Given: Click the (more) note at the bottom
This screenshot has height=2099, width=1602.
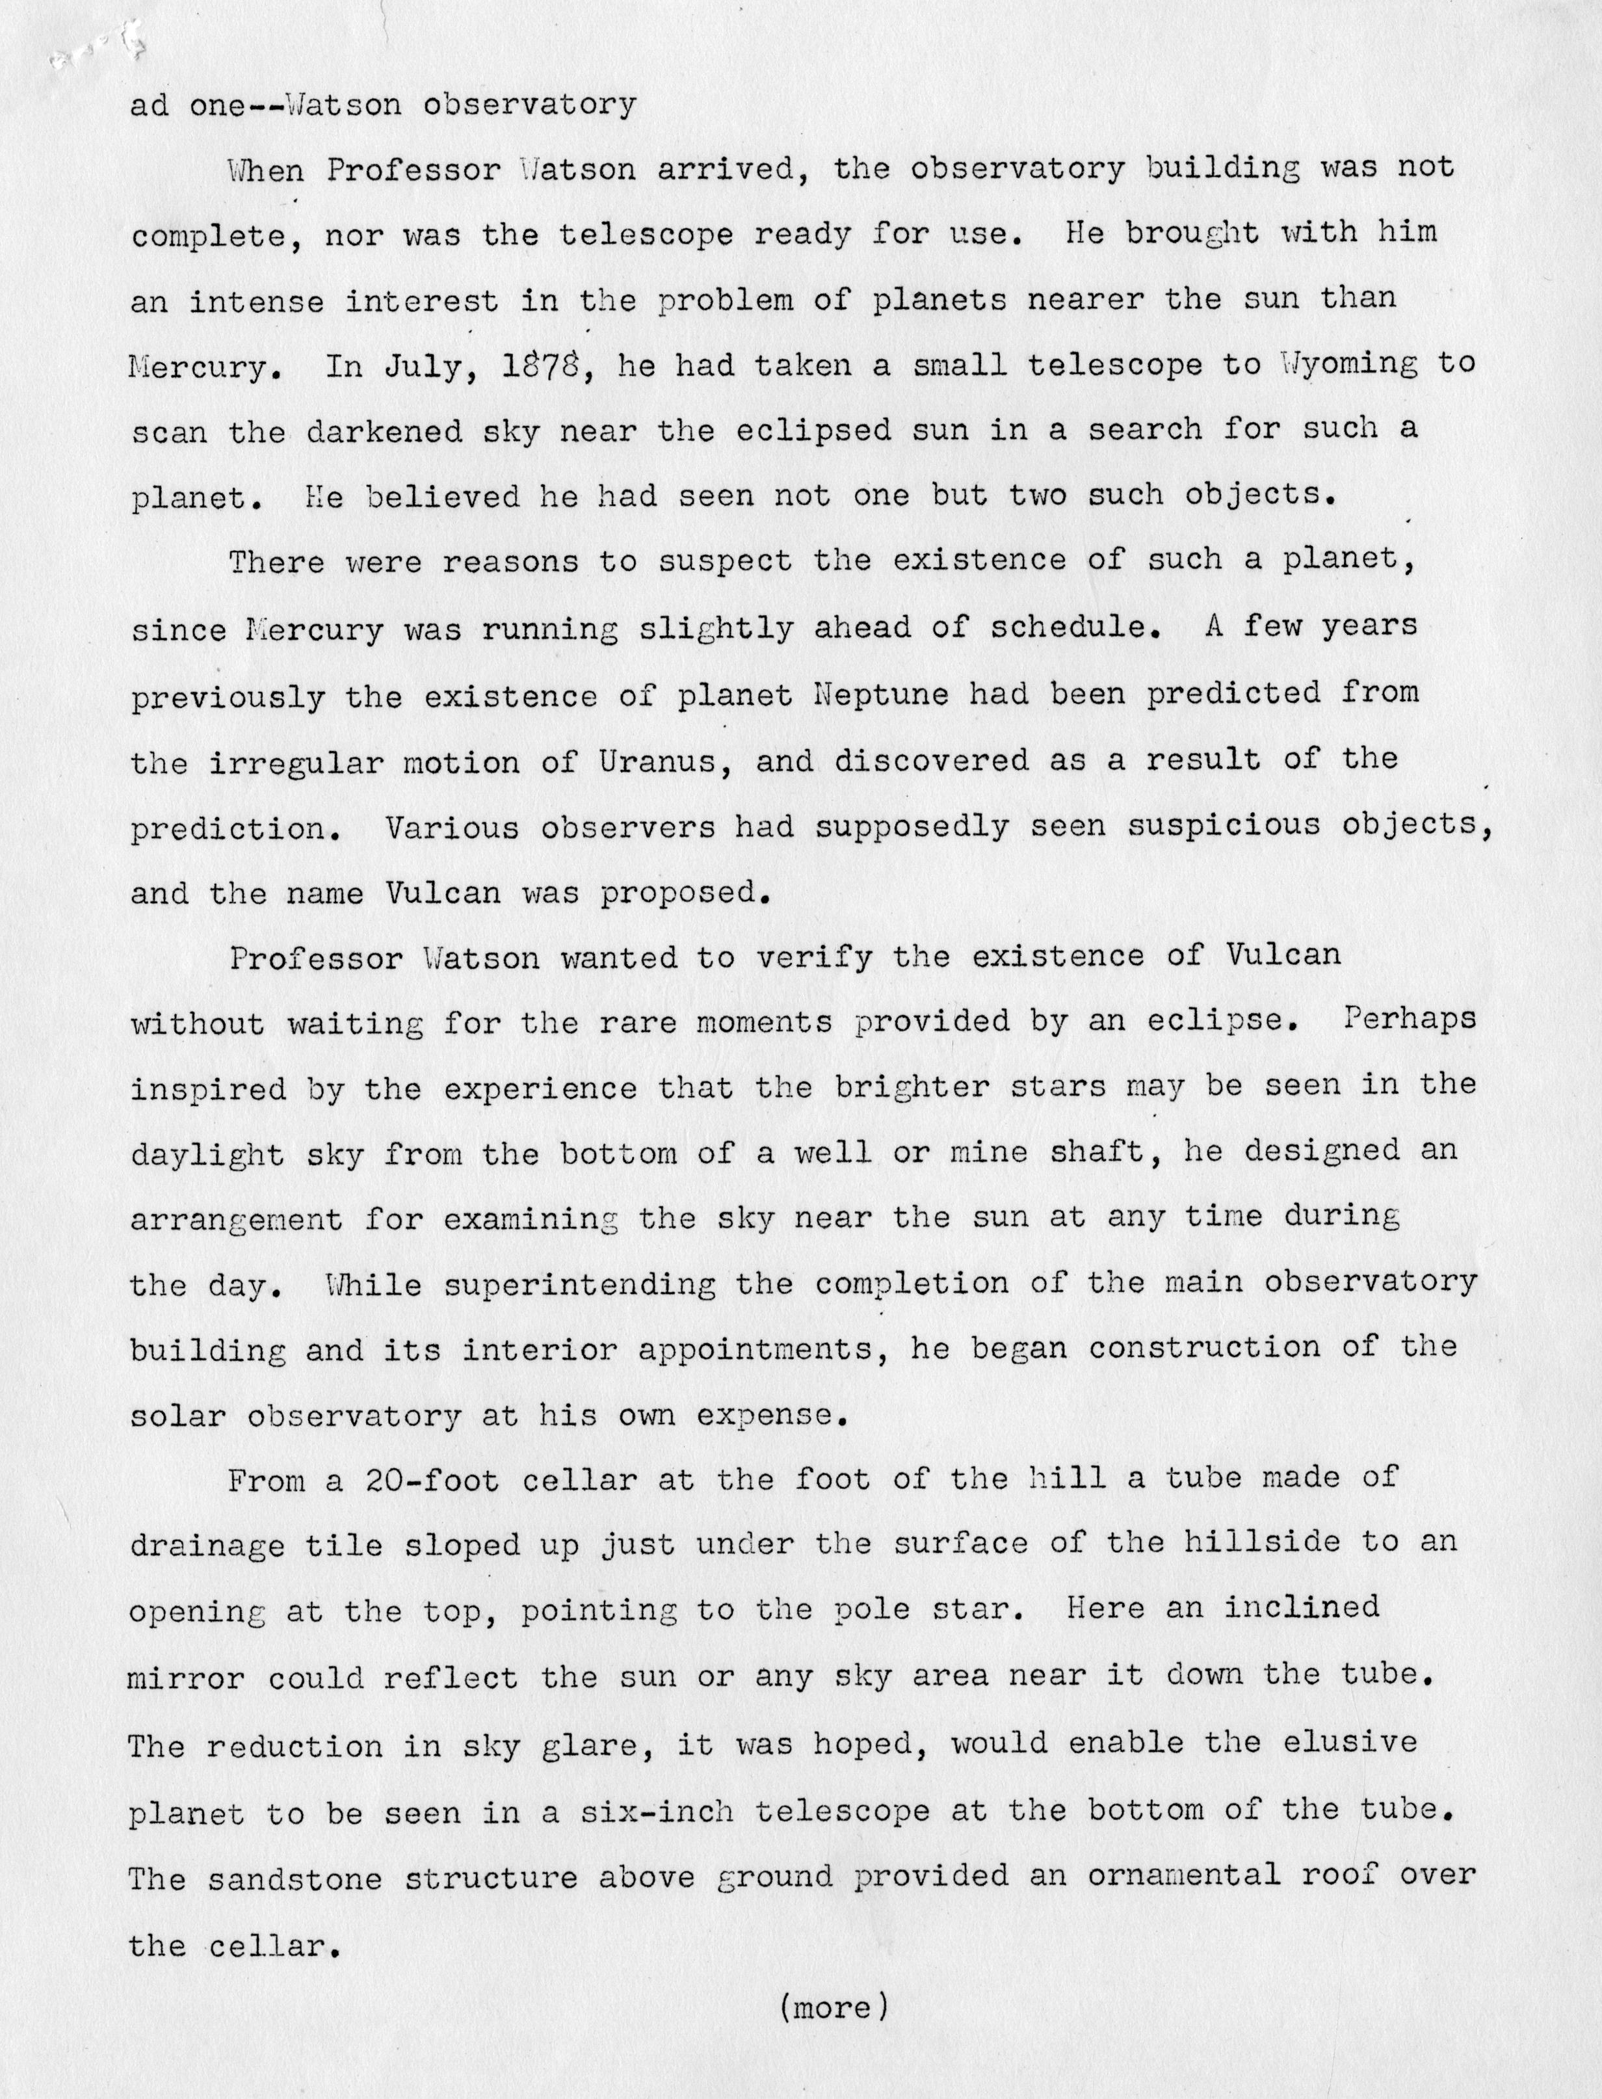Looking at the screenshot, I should point(834,2007).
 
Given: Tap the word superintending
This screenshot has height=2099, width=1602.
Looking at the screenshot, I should point(580,1285).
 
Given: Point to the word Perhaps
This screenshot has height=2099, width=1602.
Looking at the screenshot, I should point(1410,1020).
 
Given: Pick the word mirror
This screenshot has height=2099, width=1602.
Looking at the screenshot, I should point(187,1678).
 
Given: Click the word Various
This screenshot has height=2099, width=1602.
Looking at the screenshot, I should point(453,827).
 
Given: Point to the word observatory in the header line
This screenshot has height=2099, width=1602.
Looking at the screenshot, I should point(529,104).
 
